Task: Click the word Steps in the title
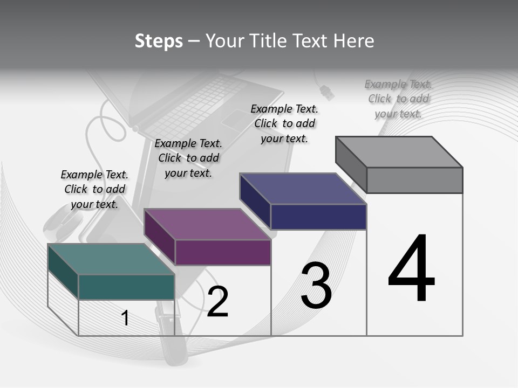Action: click(x=159, y=41)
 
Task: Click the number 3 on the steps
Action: click(x=316, y=286)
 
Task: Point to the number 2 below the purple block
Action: click(x=217, y=301)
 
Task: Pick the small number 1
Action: click(x=125, y=318)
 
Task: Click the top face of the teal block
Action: click(x=111, y=259)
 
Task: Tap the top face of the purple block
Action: click(x=207, y=224)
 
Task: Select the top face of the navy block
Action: click(x=303, y=189)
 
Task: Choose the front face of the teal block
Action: click(x=126, y=287)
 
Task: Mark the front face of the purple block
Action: click(x=223, y=252)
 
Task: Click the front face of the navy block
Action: click(x=318, y=217)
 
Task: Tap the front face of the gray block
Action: click(x=414, y=180)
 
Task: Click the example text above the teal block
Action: click(x=94, y=189)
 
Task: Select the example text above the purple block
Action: click(x=188, y=158)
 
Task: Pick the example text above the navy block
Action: click(x=284, y=123)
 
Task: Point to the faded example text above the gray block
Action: click(x=398, y=99)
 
